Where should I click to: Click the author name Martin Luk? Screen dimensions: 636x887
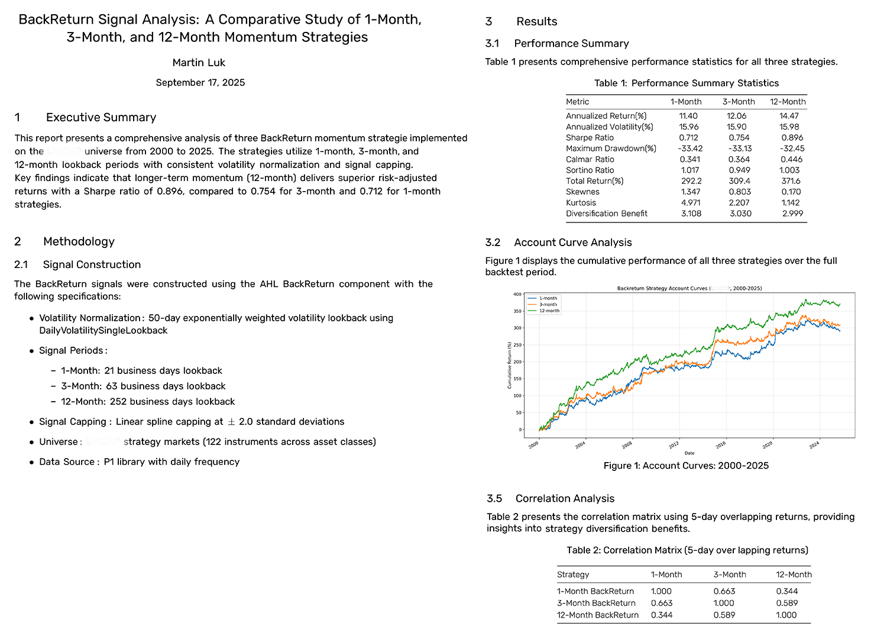pos(199,63)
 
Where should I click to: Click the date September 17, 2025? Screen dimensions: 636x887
pos(200,83)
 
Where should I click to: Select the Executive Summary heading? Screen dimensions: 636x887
pos(101,117)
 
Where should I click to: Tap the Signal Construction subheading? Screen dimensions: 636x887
pos(92,264)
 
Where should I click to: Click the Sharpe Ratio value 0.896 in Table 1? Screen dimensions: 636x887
pos(792,138)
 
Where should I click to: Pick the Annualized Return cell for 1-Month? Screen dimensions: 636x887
pos(688,116)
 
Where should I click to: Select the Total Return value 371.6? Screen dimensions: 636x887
pos(791,181)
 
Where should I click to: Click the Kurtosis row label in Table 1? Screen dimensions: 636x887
pos(581,202)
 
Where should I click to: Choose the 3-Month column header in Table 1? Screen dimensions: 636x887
pos(739,102)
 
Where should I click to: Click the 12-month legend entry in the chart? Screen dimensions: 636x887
pos(549,311)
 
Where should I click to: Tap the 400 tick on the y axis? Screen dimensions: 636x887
pos(517,294)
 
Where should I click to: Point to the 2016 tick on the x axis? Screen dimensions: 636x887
pos(721,444)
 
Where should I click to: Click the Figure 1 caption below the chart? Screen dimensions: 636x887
pos(686,466)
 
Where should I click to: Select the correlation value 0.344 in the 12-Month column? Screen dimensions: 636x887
pos(787,591)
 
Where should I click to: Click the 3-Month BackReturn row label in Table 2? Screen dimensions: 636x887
pos(596,603)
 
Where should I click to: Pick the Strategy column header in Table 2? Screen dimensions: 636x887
pos(573,574)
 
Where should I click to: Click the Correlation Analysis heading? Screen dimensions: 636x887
pos(565,498)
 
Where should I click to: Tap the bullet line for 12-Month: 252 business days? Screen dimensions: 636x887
pos(148,402)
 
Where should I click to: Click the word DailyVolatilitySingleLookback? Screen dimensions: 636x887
pos(103,331)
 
